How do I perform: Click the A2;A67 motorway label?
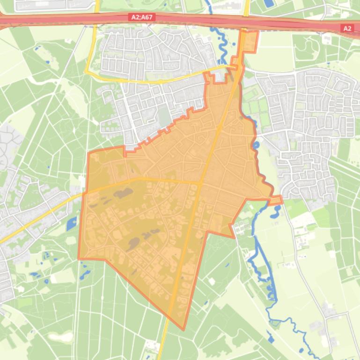[x=142, y=17]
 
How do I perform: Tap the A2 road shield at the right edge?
[x=347, y=29]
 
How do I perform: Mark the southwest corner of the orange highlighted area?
[x=78, y=259]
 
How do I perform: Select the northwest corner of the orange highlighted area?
[x=89, y=153]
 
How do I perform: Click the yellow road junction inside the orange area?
[x=201, y=182]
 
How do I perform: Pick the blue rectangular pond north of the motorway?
[x=269, y=3]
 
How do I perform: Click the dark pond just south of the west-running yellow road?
[x=123, y=193]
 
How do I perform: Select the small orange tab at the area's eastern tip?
[x=276, y=201]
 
